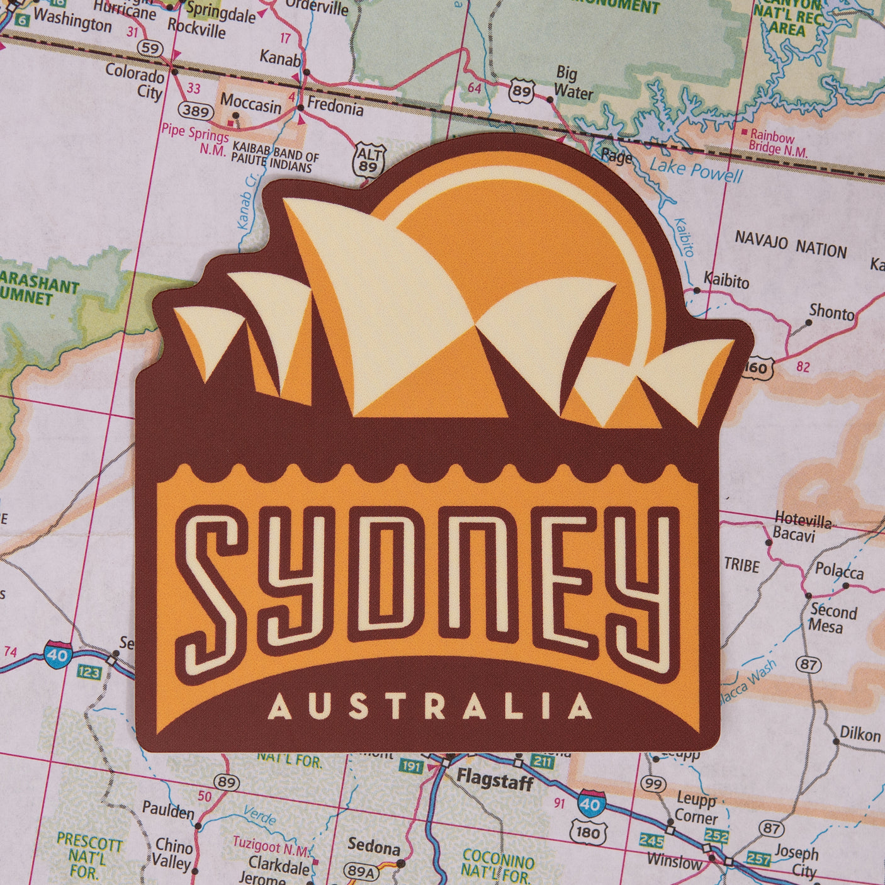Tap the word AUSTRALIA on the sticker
pyautogui.click(x=429, y=706)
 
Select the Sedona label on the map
pyautogui.click(x=374, y=847)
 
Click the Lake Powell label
pyautogui.click(x=696, y=169)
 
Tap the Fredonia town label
pyautogui.click(x=335, y=107)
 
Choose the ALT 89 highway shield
pyautogui.click(x=368, y=159)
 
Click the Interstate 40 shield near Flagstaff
pyautogui.click(x=590, y=804)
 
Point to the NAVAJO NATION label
pyautogui.click(x=791, y=245)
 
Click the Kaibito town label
pyautogui.click(x=726, y=280)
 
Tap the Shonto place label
pyautogui.click(x=831, y=312)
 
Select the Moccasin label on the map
pyautogui.click(x=251, y=103)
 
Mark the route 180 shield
pyautogui.click(x=588, y=833)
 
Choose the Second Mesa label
pyautogui.click(x=833, y=617)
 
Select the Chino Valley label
pyautogui.click(x=172, y=854)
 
